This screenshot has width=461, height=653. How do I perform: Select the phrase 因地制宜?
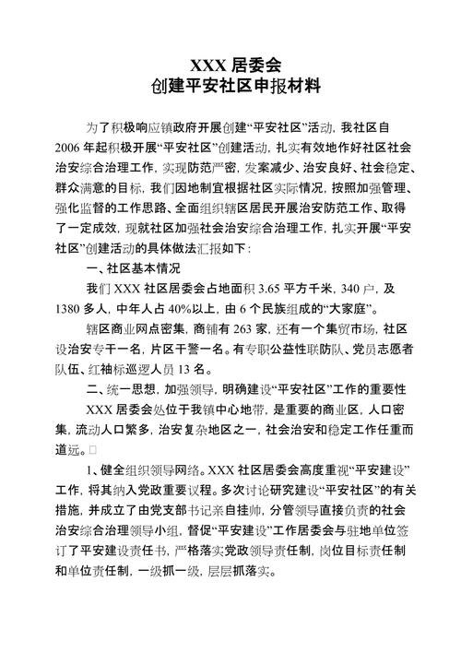tap(197, 188)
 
